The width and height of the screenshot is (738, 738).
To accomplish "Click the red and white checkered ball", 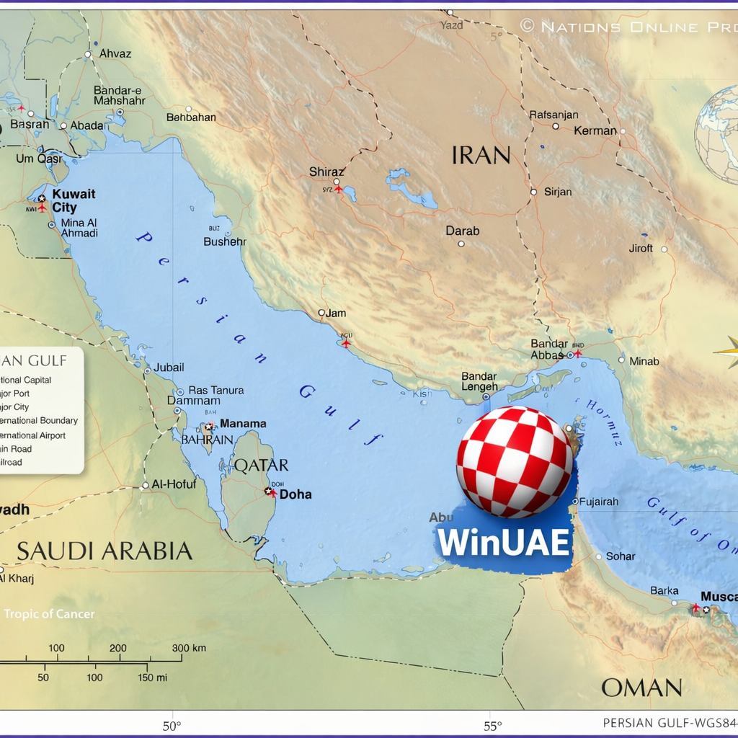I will [515, 462].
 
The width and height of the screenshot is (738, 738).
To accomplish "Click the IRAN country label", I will [481, 155].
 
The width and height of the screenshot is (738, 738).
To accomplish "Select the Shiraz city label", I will [326, 172].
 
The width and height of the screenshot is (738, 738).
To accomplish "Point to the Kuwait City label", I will [74, 201].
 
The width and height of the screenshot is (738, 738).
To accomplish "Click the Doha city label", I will [295, 494].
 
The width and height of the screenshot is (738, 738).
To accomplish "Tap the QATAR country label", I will [261, 466].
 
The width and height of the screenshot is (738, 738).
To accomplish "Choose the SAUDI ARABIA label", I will [105, 551].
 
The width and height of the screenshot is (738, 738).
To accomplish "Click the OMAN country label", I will [641, 688].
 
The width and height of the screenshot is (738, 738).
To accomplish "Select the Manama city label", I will [243, 424].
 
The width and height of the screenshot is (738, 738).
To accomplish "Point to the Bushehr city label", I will [225, 241].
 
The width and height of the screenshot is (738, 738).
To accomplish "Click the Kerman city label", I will [595, 131].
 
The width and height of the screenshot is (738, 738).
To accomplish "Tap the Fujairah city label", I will [600, 502].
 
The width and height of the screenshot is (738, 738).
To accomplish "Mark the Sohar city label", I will [621, 556].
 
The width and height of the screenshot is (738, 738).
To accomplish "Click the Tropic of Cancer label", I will [49, 614].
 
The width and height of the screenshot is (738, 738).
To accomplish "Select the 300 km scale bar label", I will [189, 648].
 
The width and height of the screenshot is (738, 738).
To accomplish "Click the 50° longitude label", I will [172, 726].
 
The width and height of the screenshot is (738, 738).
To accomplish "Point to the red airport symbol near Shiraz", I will [338, 190].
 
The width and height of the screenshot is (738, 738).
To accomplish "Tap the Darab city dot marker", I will [461, 244].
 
